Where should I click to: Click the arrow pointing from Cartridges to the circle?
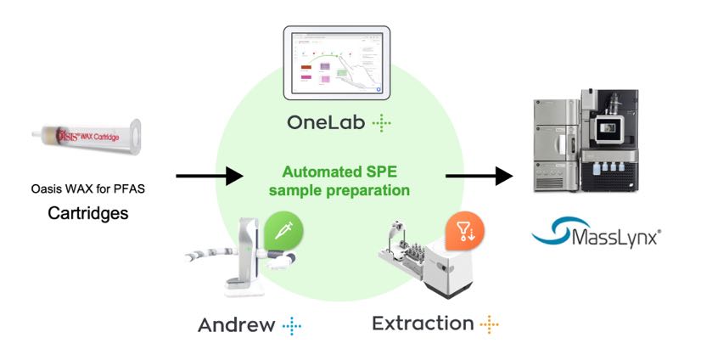[210, 177]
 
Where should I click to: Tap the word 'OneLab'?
[326, 123]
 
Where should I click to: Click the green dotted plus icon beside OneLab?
[383, 124]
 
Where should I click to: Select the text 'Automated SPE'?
[339, 171]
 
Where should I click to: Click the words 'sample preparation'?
[339, 190]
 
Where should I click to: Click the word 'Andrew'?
[237, 324]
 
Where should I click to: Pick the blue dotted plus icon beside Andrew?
[292, 325]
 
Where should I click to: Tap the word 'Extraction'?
[423, 323]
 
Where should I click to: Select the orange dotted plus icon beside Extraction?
[488, 323]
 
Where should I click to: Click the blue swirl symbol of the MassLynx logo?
[552, 230]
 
